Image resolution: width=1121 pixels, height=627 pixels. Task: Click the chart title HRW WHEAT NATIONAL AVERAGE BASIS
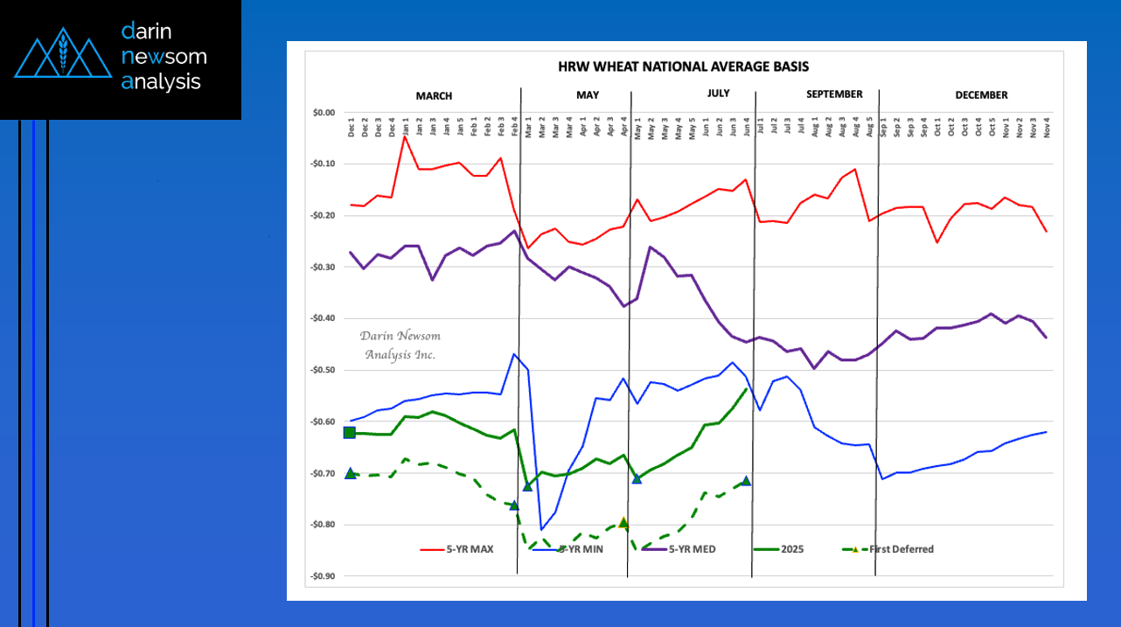683,66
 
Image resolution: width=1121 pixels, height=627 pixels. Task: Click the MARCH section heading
434,95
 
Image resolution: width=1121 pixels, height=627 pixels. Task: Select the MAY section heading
588,95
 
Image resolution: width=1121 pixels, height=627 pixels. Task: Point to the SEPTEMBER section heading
833,94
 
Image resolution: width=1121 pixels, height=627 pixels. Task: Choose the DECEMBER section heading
981,95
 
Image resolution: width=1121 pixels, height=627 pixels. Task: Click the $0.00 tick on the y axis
324,113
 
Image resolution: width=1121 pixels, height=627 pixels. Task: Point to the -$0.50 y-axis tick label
323,370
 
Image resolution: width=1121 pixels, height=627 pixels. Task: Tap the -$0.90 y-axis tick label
323,576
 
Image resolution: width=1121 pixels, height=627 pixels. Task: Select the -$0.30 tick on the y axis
323,267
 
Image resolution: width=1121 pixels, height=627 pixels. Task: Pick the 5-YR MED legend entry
688,549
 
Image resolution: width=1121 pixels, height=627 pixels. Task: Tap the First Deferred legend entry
901,549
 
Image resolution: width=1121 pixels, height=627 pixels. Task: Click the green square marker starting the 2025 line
350,432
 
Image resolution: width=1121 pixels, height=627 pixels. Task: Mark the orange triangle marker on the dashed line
623,522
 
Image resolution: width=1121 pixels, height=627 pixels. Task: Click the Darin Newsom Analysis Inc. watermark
400,345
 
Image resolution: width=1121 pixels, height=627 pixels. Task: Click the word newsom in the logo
164,57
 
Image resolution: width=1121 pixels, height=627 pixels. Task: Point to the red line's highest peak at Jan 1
405,136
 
